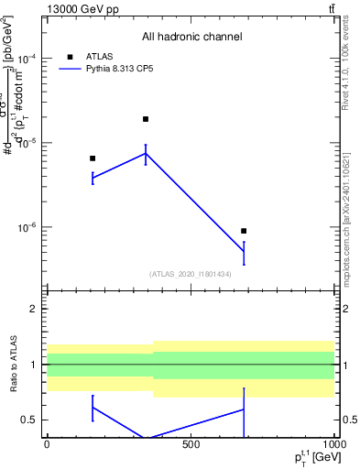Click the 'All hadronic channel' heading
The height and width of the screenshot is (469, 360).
pos(191,37)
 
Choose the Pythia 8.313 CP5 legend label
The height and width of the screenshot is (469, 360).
pos(125,69)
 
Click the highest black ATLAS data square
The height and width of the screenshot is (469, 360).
pos(146,119)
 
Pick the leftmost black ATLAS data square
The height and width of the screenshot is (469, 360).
pos(93,158)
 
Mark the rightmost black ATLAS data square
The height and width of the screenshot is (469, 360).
pos(244,231)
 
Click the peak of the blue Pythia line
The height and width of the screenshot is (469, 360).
pos(146,153)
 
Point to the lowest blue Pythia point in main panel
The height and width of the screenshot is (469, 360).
pos(244,252)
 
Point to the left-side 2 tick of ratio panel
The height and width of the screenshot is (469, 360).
pos(33,309)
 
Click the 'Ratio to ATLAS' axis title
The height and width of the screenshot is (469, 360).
pos(14,366)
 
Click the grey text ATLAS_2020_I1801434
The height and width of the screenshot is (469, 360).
pos(191,274)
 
